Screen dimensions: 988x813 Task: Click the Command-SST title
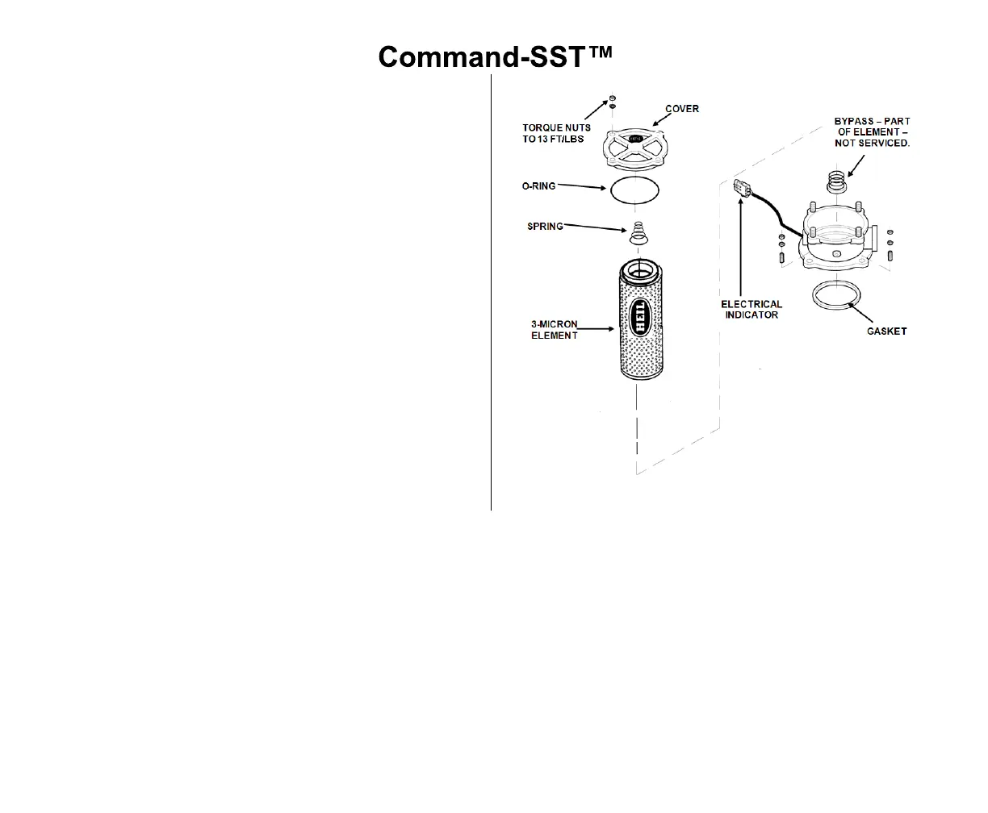496,56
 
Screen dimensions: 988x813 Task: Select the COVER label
681,109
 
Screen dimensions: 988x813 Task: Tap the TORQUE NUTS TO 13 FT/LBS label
556,133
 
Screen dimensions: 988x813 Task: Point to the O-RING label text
538,186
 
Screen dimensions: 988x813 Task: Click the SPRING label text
545,226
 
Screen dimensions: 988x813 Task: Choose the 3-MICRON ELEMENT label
555,330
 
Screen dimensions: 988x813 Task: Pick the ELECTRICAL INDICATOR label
751,310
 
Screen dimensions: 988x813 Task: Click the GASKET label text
886,331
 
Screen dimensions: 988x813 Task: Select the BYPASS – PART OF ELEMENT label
872,131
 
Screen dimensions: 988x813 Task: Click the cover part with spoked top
634,147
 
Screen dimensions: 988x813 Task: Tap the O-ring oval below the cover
634,190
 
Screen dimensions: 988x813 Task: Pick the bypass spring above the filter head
837,181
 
